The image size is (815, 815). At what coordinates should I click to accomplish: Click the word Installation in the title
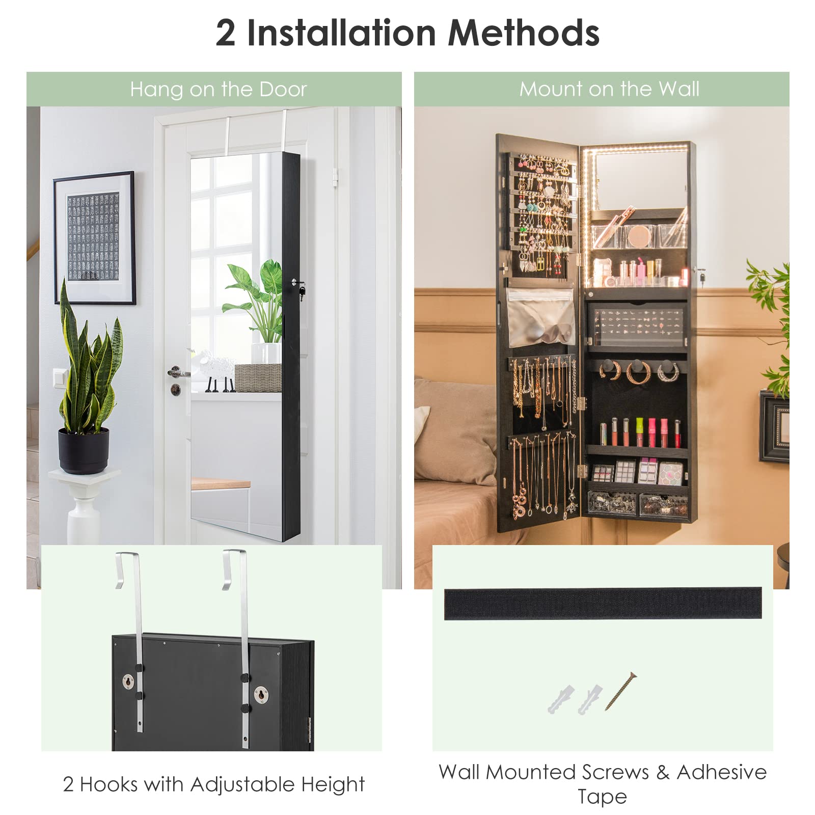pos(341,34)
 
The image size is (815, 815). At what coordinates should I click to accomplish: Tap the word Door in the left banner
pos(283,90)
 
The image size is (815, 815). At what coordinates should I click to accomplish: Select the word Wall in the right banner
pos(678,89)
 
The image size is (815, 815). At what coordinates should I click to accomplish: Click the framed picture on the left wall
pos(94,237)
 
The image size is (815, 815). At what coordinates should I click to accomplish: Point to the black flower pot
pos(83,450)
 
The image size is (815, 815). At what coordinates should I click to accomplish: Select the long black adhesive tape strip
pos(603,603)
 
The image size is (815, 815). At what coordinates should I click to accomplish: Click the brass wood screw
pos(621,691)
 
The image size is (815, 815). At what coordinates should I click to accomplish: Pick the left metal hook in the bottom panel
pos(133,637)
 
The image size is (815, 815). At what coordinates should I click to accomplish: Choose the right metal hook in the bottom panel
pos(240,637)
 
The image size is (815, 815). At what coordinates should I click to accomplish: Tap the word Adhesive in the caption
pos(721,772)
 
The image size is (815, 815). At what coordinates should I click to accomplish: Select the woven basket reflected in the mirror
pos(258,377)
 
